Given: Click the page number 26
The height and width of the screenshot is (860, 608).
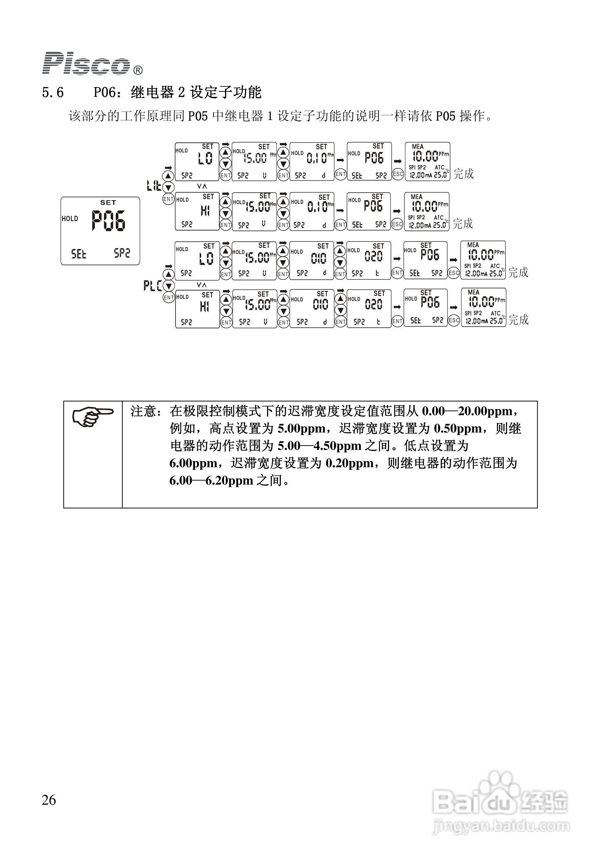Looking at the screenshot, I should pos(49,800).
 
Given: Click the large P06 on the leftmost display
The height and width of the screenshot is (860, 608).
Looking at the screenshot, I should pos(109,221).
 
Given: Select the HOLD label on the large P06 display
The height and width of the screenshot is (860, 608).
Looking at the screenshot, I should pos(70,218).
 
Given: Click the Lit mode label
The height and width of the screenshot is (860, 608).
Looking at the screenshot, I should pos(154,185).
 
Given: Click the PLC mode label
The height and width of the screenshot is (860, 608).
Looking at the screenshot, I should pos(152,286).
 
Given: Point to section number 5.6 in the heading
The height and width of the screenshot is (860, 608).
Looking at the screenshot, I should pos(53,92).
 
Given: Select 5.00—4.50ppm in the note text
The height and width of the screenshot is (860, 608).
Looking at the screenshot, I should pos(319,446).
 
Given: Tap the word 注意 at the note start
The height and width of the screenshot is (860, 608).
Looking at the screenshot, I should pos(143,411).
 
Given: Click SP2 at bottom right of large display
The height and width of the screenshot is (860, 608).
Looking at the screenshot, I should pos(122,253).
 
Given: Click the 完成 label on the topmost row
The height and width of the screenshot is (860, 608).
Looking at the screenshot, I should pos(464,174).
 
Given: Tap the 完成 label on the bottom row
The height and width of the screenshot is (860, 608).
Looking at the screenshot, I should pos(518,319).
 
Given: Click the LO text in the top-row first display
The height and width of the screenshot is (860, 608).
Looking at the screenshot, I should pos(205,159).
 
